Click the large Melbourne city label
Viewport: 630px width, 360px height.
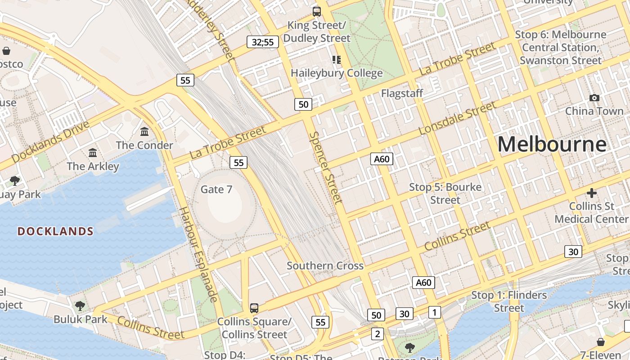552,144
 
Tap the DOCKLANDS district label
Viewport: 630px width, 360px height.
55,231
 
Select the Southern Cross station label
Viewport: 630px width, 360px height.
325,265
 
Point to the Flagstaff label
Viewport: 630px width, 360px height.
402,93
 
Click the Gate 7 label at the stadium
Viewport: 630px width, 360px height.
216,189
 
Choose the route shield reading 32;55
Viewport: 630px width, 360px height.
263,42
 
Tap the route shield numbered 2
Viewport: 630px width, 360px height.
378,333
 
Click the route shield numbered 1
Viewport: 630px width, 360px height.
434,312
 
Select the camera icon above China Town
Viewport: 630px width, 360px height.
594,98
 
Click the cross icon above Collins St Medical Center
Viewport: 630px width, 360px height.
591,193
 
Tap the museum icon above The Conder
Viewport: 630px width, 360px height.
144,132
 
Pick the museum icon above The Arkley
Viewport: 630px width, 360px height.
93,153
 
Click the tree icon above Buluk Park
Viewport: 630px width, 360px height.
80,306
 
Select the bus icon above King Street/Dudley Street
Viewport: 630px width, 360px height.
317,12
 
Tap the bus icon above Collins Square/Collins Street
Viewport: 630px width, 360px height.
254,308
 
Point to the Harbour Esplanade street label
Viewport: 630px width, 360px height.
199,254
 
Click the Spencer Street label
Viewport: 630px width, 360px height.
326,167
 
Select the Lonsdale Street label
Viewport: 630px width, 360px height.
457,118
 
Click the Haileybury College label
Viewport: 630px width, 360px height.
337,73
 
